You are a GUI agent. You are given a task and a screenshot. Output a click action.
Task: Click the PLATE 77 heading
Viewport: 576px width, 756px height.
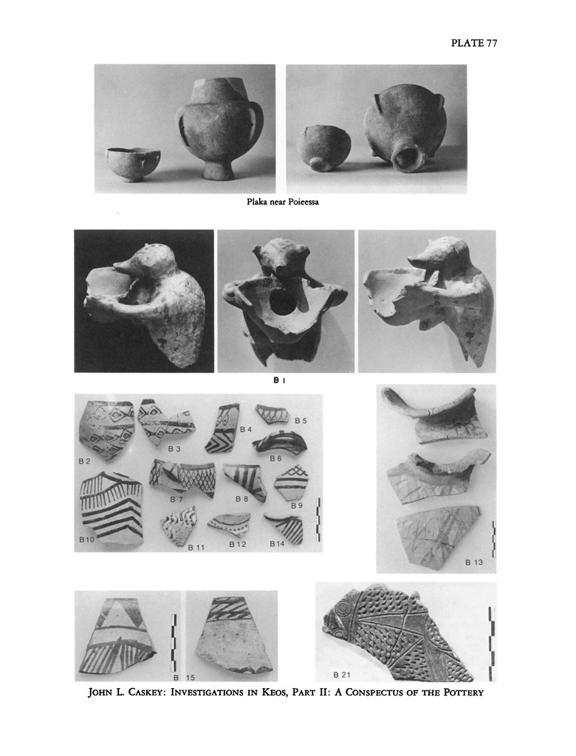pyautogui.click(x=474, y=43)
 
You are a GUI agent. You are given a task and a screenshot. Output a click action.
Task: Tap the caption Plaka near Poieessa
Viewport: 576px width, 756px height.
pyautogui.click(x=283, y=202)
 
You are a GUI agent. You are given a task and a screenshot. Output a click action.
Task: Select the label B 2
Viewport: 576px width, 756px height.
pyautogui.click(x=84, y=461)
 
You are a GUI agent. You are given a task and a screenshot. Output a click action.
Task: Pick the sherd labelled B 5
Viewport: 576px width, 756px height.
pyautogui.click(x=272, y=413)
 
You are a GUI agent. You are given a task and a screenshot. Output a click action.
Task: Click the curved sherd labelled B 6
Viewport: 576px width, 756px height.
pyautogui.click(x=279, y=442)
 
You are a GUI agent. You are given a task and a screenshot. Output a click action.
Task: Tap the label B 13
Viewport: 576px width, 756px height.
pyautogui.click(x=473, y=562)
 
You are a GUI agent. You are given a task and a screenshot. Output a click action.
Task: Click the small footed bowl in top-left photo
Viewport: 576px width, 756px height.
pyautogui.click(x=133, y=164)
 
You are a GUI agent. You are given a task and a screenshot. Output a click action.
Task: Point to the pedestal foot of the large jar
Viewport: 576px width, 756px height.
pyautogui.click(x=216, y=169)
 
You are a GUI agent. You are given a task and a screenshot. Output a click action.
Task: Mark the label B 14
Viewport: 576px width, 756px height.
pyautogui.click(x=277, y=544)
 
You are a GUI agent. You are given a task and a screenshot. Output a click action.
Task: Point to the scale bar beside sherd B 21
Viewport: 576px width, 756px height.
pyautogui.click(x=491, y=644)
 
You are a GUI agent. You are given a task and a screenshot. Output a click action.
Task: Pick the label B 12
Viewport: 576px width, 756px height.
pyautogui.click(x=237, y=544)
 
